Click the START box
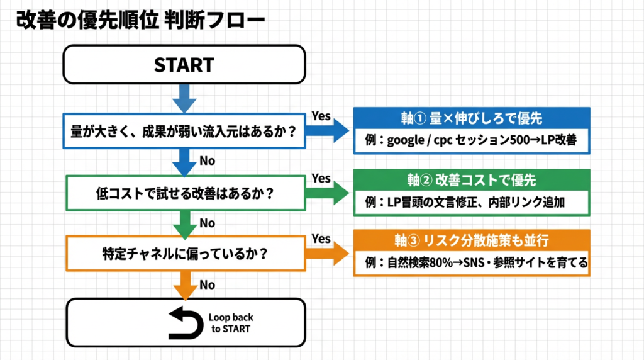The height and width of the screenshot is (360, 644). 184,65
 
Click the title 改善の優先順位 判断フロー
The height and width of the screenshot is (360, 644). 140,20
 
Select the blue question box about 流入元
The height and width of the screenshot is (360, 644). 184,131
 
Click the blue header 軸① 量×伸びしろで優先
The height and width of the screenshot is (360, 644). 471,118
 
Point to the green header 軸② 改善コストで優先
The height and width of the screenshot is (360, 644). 471,181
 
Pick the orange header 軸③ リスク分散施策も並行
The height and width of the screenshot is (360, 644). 471,240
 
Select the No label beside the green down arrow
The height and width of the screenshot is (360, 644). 207,223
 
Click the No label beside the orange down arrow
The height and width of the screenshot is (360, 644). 207,285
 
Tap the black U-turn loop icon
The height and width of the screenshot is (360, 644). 187,323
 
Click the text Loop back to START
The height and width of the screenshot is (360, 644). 231,323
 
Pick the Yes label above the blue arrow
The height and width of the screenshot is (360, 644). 321,116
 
